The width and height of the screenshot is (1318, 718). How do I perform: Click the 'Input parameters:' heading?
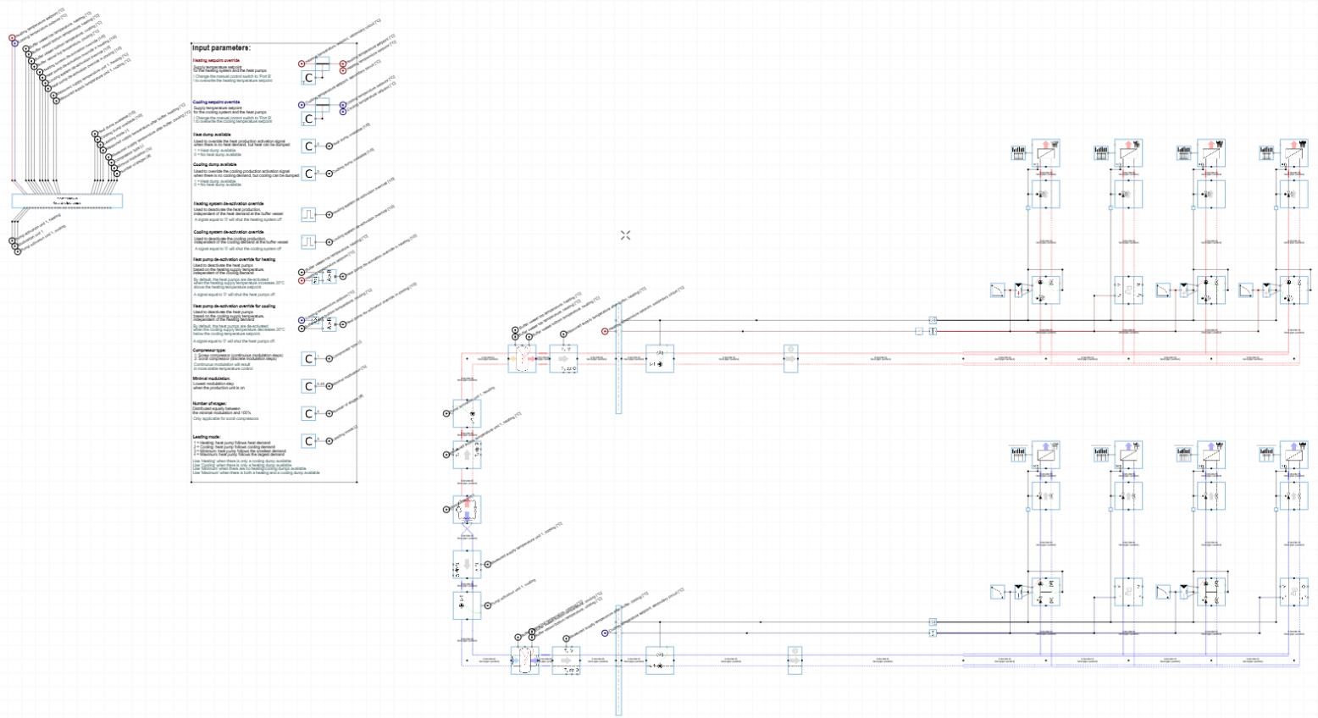221,48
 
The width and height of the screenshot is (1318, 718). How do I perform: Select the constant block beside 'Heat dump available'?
309,146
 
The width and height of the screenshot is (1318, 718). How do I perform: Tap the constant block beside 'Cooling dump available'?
309,174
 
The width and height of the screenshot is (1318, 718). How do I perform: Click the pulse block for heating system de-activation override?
309,214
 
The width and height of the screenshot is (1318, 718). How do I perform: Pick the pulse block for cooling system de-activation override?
309,242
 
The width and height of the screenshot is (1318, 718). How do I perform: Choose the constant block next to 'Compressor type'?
309,359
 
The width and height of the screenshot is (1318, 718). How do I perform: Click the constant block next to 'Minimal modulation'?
309,386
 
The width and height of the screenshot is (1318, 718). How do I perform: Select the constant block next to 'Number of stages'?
309,413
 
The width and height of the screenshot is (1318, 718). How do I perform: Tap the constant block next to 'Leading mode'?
309,441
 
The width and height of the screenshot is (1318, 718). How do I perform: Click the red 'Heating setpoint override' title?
216,61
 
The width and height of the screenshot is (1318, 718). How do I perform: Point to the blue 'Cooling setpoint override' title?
216,102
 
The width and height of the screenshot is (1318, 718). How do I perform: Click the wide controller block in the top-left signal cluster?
67,202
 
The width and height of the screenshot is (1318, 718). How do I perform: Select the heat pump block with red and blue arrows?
467,510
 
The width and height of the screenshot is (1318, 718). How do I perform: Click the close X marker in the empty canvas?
625,235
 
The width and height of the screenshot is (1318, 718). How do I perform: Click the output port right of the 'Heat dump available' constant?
329,146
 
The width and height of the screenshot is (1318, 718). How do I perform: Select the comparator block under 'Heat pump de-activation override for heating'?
329,276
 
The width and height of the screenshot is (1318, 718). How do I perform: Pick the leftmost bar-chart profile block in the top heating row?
1019,153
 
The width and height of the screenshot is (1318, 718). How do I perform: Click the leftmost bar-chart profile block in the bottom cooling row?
1019,455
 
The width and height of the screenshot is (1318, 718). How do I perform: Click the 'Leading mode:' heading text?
206,437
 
